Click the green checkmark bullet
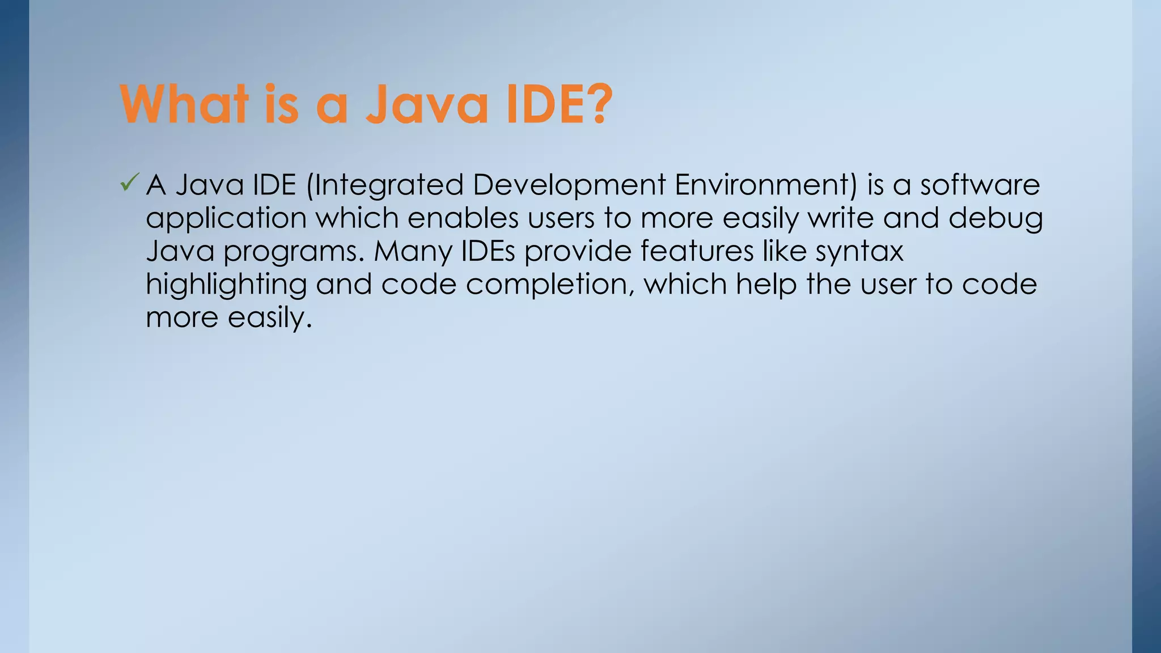(x=129, y=183)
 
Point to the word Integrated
(x=385, y=185)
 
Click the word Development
(x=569, y=185)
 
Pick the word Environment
(x=765, y=185)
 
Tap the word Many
(x=413, y=252)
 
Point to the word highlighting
(x=226, y=285)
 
